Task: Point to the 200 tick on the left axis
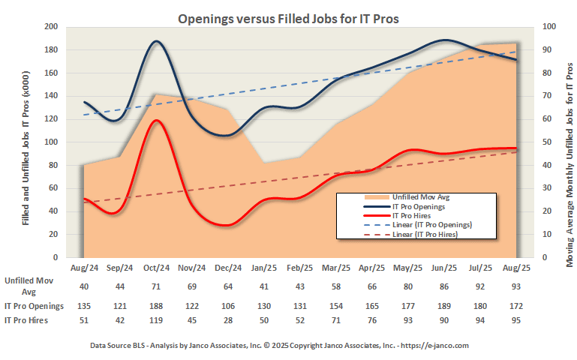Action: coord(51,27)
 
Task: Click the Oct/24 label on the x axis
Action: coord(155,267)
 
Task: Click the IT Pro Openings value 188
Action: coord(155,306)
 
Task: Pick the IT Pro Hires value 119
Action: coord(155,320)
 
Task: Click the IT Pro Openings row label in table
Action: coord(34,306)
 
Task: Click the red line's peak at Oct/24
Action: coord(155,120)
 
